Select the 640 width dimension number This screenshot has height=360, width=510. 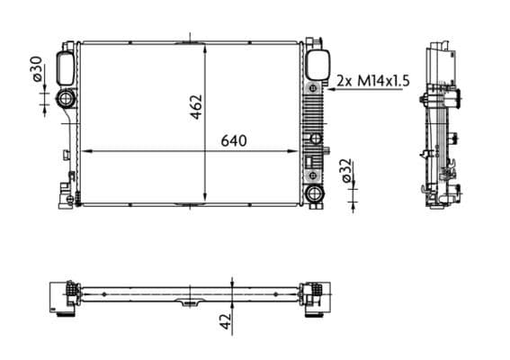tap(233, 140)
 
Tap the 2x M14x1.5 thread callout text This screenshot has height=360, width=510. tap(372, 80)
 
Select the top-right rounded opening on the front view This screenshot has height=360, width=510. tap(315, 65)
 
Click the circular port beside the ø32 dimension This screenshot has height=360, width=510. tap(314, 193)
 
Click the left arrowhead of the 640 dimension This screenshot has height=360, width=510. tap(85, 150)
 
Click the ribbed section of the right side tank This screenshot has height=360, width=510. tap(313, 112)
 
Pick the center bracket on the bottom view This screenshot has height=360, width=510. tap(190, 302)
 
